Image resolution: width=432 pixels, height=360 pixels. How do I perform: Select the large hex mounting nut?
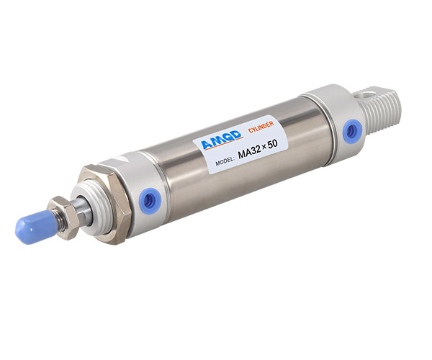pyautogui.click(x=108, y=204)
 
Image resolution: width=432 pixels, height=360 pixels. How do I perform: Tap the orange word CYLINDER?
pyautogui.click(x=261, y=127)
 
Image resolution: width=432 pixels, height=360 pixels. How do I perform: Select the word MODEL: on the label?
pyautogui.click(x=225, y=161)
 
